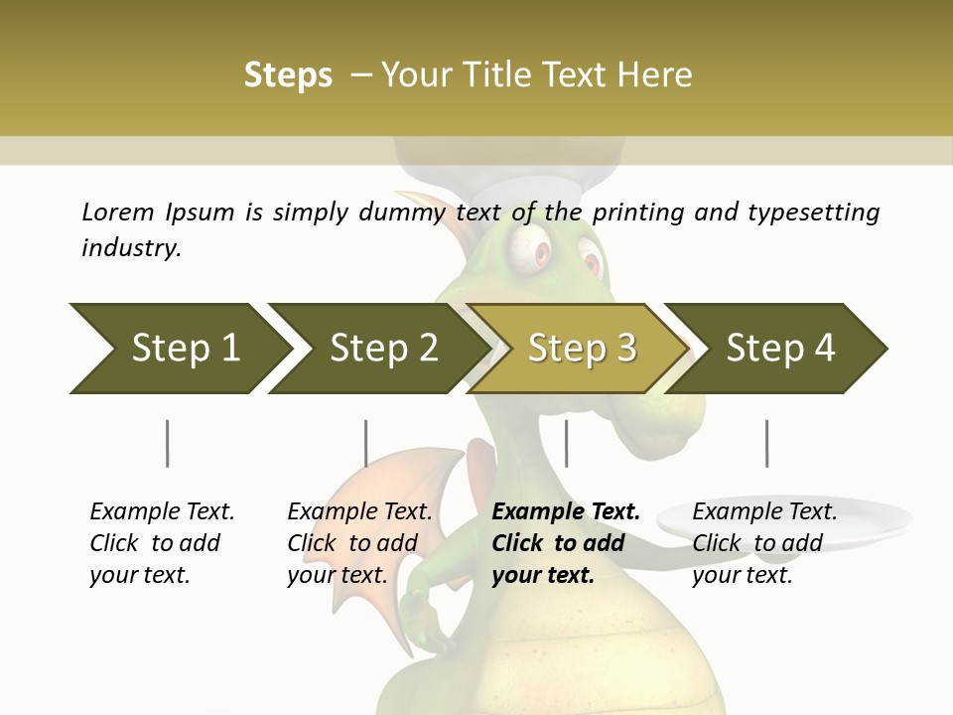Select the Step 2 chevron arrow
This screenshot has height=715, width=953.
click(377, 349)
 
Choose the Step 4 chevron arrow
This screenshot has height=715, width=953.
click(778, 349)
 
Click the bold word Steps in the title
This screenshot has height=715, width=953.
click(288, 75)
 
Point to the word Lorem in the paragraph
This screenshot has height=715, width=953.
click(118, 212)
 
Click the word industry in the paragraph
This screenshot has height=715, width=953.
click(130, 248)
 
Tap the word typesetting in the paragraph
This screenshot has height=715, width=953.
click(813, 212)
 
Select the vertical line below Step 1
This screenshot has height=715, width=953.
click(168, 443)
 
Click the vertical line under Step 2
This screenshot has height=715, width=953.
click(366, 443)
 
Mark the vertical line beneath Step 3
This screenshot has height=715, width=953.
click(566, 443)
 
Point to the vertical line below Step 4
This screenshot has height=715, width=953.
click(766, 443)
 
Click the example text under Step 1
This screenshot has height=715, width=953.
click(161, 543)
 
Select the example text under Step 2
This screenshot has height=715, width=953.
click(358, 543)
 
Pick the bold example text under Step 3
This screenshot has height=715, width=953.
click(565, 543)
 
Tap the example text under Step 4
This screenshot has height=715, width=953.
click(763, 543)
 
